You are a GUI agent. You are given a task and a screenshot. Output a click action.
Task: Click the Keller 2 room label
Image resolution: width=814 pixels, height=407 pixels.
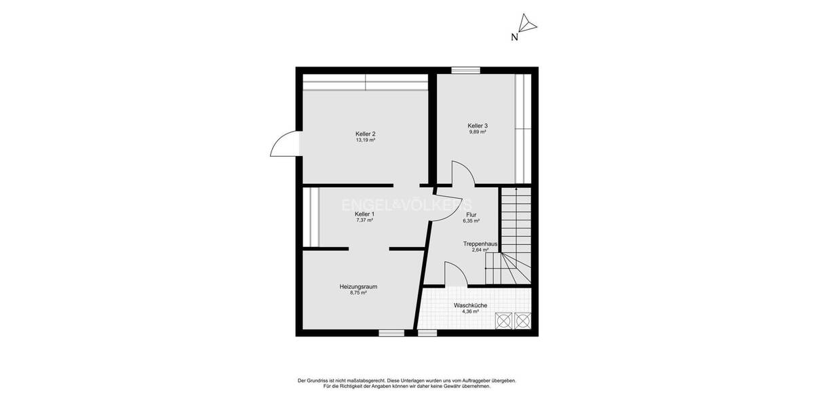[x=365, y=134]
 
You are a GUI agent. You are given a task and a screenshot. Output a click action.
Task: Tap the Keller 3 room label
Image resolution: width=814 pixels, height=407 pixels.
[x=478, y=125]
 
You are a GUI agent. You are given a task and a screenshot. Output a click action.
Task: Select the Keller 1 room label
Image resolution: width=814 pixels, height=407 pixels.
[x=364, y=214]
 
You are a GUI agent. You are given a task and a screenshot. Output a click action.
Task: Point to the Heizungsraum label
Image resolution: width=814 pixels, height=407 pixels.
[x=358, y=287]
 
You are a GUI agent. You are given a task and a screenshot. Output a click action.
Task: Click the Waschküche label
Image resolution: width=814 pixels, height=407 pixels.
[x=471, y=306]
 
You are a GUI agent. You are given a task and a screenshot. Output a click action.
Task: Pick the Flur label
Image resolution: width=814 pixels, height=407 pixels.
[x=471, y=214]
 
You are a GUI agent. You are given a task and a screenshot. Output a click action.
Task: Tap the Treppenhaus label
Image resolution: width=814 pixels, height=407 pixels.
[x=480, y=244]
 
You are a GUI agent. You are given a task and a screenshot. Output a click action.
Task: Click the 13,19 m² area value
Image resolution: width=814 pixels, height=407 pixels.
[x=365, y=140]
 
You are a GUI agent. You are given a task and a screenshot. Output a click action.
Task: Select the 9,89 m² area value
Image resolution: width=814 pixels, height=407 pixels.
[x=478, y=132]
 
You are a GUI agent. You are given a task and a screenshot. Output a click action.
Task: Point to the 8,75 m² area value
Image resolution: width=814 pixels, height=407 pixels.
[x=358, y=293]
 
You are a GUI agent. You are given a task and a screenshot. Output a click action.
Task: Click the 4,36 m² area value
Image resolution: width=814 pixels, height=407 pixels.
[x=471, y=312]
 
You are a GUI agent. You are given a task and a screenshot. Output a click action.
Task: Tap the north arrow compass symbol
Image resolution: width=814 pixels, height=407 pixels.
[x=527, y=25]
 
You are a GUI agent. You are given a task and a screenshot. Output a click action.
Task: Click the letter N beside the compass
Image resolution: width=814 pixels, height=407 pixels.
[x=514, y=38]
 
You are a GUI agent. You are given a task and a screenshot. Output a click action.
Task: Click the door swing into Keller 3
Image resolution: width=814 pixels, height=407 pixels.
[x=463, y=173]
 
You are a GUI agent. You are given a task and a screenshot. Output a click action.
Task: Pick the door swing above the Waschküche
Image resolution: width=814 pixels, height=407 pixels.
[x=454, y=274]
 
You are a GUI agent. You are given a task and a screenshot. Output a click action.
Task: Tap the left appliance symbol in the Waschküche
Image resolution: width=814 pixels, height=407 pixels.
[x=504, y=320]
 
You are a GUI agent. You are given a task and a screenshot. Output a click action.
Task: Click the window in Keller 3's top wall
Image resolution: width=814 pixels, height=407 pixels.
[x=465, y=69]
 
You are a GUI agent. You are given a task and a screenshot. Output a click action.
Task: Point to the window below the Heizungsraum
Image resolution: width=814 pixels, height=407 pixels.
[x=391, y=333]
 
